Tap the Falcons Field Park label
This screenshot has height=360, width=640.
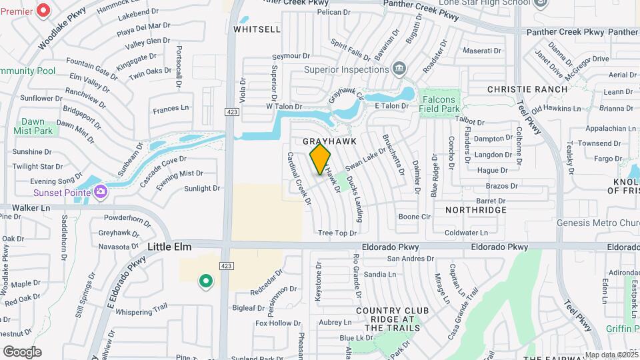coord(441,103)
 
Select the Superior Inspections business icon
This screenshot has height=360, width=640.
coord(399,68)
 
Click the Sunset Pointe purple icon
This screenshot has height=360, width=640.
coord(101,193)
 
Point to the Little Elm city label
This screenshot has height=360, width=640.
coord(169,247)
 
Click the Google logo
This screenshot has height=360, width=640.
coord(22,351)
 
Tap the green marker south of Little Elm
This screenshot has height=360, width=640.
coord(206,281)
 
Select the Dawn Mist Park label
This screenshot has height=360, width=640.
coord(33,126)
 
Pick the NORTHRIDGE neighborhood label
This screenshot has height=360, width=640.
coord(475,210)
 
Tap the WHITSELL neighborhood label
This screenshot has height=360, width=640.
coord(257,29)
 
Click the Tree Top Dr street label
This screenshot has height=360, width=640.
coord(337,233)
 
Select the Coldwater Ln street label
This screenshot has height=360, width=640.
coord(466,233)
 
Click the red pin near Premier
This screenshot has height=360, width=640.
coord(43,10)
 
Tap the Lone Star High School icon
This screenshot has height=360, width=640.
coord(541,4)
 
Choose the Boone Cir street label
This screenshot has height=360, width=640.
coord(415,217)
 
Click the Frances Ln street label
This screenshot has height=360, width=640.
coord(171,108)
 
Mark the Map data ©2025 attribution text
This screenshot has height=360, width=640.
coord(611,355)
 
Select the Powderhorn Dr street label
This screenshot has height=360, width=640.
coord(128,218)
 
